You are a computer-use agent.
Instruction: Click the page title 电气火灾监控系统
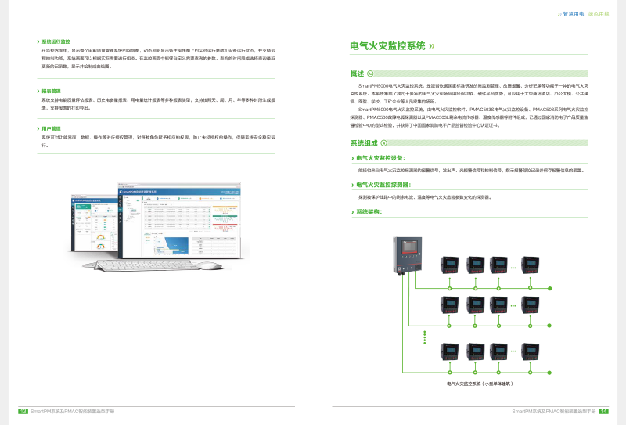[x=387, y=45]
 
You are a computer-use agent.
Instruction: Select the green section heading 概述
[x=356, y=73]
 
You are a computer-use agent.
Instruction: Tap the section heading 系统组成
[x=364, y=142]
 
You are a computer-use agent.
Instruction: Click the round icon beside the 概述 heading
[x=370, y=73]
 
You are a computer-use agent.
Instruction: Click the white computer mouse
[x=208, y=266]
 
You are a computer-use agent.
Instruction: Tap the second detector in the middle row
[x=474, y=303]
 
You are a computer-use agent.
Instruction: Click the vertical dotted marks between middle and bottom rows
[x=424, y=334]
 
